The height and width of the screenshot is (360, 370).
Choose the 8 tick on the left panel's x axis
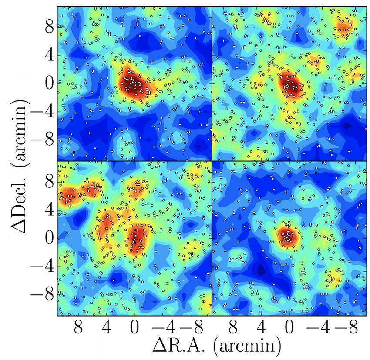[x=78, y=327]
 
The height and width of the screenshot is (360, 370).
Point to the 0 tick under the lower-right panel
[x=289, y=327]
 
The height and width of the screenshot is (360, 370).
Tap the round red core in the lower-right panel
[x=287, y=237]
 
